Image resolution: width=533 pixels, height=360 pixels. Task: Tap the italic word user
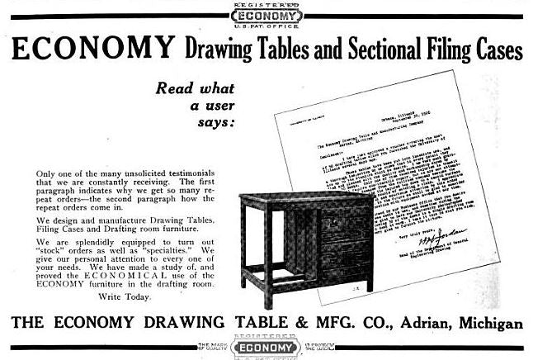point(215,106)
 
